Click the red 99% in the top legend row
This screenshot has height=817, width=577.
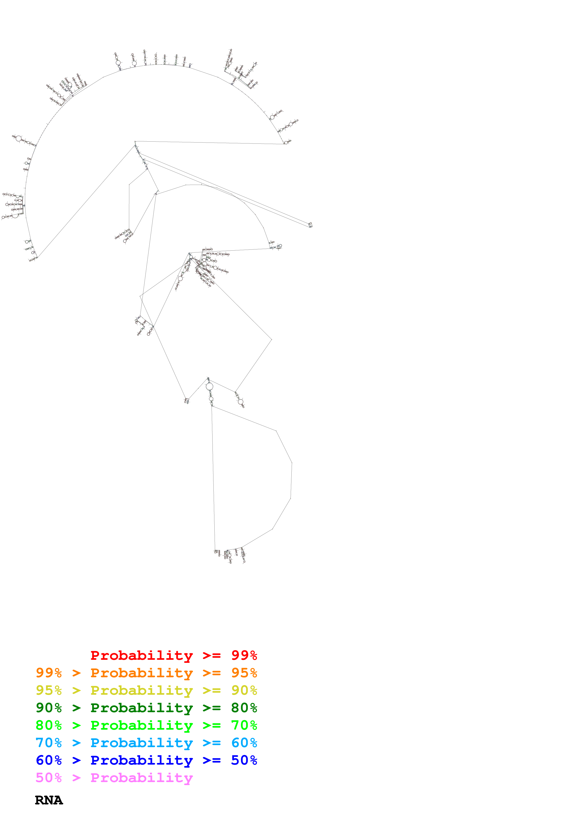(x=244, y=655)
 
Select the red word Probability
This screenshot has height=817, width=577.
(x=142, y=655)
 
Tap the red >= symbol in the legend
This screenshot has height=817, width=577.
(x=212, y=655)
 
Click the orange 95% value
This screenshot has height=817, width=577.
(x=244, y=673)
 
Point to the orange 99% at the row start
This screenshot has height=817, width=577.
(x=49, y=673)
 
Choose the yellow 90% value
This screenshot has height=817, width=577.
(x=244, y=690)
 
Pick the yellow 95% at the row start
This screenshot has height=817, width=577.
(x=49, y=690)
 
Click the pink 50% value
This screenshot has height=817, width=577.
(x=49, y=777)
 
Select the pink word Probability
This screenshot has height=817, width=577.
(x=142, y=777)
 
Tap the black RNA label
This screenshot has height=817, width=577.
(x=49, y=800)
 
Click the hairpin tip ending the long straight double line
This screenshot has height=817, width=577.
(x=310, y=225)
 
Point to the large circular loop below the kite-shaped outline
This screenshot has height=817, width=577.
(x=209, y=386)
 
